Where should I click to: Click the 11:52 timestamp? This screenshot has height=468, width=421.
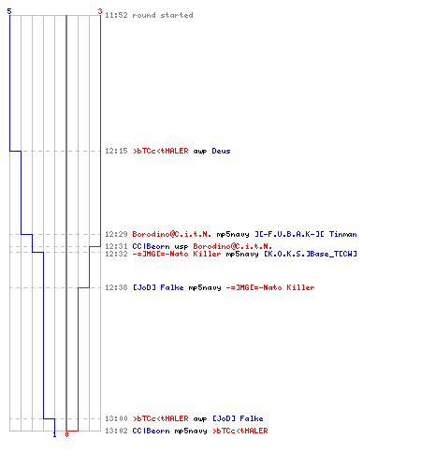116,15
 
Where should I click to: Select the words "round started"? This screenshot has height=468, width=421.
163,15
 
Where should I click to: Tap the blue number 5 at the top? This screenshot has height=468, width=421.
9,11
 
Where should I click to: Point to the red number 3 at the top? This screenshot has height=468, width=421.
100,11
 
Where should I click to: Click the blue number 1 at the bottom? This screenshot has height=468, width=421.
54,434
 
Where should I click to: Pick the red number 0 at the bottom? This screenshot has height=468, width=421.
66,434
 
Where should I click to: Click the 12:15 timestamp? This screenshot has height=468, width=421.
116,151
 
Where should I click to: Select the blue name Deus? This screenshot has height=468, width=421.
221,151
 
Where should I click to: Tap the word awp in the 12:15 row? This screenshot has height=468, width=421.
200,152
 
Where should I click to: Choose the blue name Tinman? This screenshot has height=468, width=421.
343,234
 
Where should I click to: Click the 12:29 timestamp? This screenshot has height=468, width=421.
116,234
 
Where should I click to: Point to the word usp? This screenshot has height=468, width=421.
181,247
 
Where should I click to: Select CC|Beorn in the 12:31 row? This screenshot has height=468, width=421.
152,246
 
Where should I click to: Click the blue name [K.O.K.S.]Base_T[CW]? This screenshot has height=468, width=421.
311,254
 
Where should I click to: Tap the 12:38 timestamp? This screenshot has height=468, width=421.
116,287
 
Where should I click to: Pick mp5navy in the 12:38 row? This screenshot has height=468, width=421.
205,288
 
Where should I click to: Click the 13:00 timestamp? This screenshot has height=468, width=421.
116,418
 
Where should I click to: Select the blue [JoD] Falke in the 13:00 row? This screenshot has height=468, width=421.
238,418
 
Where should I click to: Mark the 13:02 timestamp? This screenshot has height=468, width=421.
116,431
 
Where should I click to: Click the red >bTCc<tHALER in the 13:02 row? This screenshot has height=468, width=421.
240,431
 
